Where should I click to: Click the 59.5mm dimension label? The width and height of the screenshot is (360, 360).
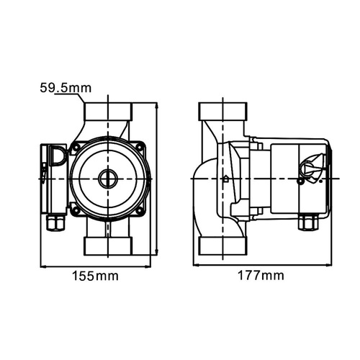tap(66, 88)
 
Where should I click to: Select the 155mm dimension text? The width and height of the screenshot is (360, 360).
tap(96, 276)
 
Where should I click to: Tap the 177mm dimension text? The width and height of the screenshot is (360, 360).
tap(261, 275)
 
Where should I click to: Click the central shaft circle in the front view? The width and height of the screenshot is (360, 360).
tap(108, 179)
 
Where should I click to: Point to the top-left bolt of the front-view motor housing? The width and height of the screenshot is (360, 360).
tap(76, 146)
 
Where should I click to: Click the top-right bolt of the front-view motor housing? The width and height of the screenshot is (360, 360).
tap(139, 147)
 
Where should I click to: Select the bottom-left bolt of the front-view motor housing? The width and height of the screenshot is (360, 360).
tap(76, 211)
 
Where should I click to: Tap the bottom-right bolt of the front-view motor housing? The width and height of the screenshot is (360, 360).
tap(139, 211)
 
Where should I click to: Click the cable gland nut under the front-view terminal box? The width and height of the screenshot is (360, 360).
tap(55, 222)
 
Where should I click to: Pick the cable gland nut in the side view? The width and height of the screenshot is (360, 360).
tap(308, 222)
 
